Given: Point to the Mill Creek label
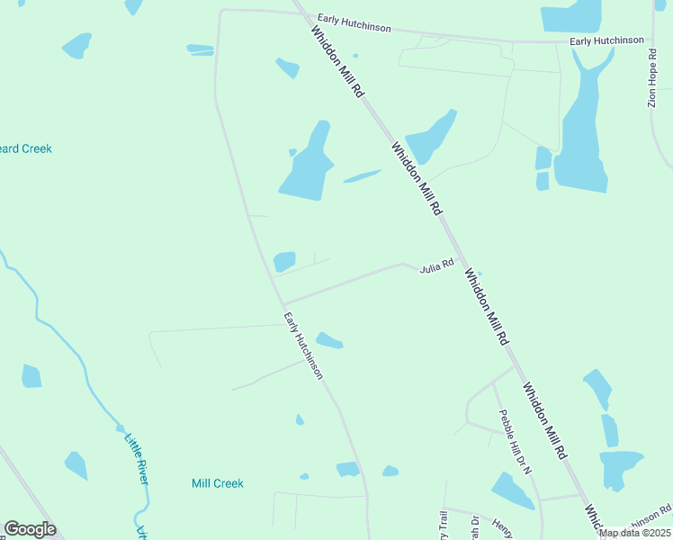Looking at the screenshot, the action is (217, 483).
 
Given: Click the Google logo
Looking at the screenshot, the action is (30, 529).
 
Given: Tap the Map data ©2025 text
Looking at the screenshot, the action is (635, 533).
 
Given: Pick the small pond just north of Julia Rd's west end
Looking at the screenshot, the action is (284, 261).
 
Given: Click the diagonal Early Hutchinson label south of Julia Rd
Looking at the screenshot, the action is (303, 346).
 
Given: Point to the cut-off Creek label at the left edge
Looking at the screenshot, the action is (25, 148).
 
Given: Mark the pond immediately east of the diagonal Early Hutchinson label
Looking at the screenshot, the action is (329, 340).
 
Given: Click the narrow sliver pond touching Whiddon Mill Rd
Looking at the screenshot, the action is (363, 175).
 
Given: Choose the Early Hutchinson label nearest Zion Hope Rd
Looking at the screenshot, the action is (606, 41).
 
